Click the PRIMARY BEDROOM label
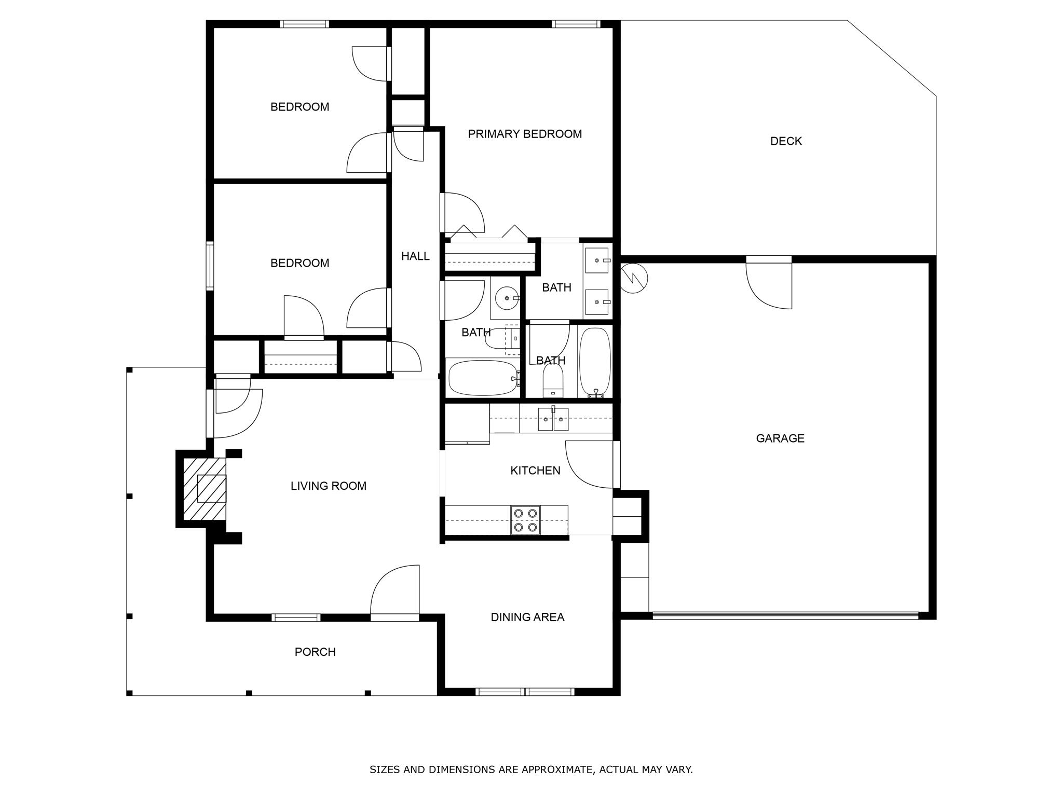[x=525, y=134]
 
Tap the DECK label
[x=786, y=141]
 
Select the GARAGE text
[x=780, y=438]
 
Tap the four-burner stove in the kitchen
[x=525, y=520]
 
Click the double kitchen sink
[x=553, y=419]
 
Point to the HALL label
[x=415, y=256]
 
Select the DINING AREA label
[x=527, y=617]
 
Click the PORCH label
[x=315, y=652]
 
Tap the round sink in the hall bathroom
[x=506, y=298]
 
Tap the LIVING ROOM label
[x=328, y=486]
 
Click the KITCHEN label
[x=535, y=471]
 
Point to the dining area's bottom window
[x=525, y=692]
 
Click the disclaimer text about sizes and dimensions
[x=531, y=769]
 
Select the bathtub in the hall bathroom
[x=483, y=378]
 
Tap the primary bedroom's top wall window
[x=576, y=24]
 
